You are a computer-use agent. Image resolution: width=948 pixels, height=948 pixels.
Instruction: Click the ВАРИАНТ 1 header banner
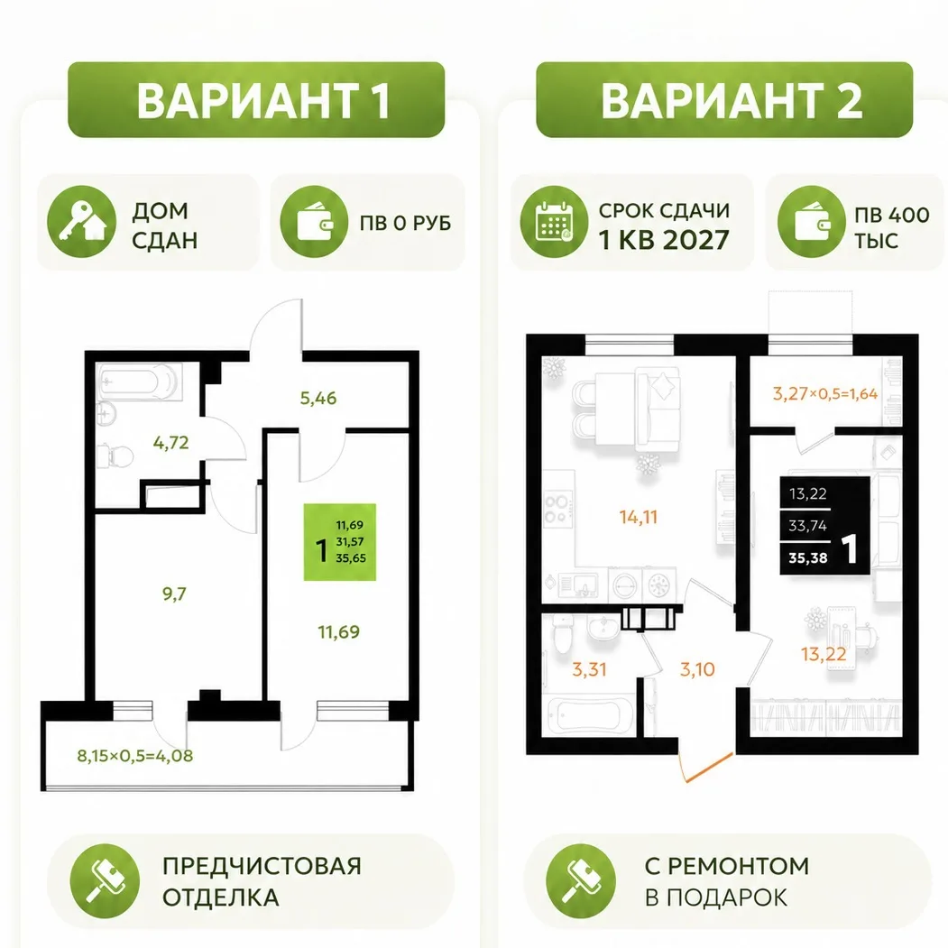click(256, 100)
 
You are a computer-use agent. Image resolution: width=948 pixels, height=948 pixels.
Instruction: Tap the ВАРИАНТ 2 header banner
click(724, 100)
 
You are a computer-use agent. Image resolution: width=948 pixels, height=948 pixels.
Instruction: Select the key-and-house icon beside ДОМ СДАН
click(81, 222)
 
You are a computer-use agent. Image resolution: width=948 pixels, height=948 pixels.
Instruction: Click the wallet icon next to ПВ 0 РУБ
click(315, 222)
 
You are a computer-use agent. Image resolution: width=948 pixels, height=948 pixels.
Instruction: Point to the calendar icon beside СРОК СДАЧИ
click(554, 222)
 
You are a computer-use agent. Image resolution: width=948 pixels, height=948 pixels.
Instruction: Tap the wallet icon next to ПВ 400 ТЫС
click(812, 222)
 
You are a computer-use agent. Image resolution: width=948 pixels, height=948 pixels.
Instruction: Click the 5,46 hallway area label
click(318, 399)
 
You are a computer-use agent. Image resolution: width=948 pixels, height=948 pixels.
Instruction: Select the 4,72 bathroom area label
click(171, 443)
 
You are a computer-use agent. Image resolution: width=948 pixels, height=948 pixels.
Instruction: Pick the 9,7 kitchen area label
click(174, 594)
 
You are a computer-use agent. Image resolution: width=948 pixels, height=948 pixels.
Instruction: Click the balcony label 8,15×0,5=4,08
click(134, 756)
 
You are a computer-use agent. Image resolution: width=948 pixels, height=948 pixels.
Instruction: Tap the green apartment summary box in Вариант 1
click(340, 542)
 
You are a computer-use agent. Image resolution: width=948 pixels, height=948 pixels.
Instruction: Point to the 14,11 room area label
click(638, 517)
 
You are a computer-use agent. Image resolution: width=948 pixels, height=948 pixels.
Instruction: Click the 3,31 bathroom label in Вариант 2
click(589, 669)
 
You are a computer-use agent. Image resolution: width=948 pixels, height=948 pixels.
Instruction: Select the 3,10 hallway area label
click(697, 669)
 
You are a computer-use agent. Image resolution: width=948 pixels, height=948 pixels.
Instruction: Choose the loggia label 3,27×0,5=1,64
click(825, 394)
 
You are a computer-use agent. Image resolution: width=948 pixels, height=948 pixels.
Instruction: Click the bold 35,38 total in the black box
click(807, 558)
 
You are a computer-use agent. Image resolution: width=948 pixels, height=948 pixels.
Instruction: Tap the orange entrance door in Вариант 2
click(707, 767)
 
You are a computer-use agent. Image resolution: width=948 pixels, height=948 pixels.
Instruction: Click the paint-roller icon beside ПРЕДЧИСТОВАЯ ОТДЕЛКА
click(105, 879)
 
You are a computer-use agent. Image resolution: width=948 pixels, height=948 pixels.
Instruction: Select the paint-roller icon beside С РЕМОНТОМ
click(580, 879)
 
